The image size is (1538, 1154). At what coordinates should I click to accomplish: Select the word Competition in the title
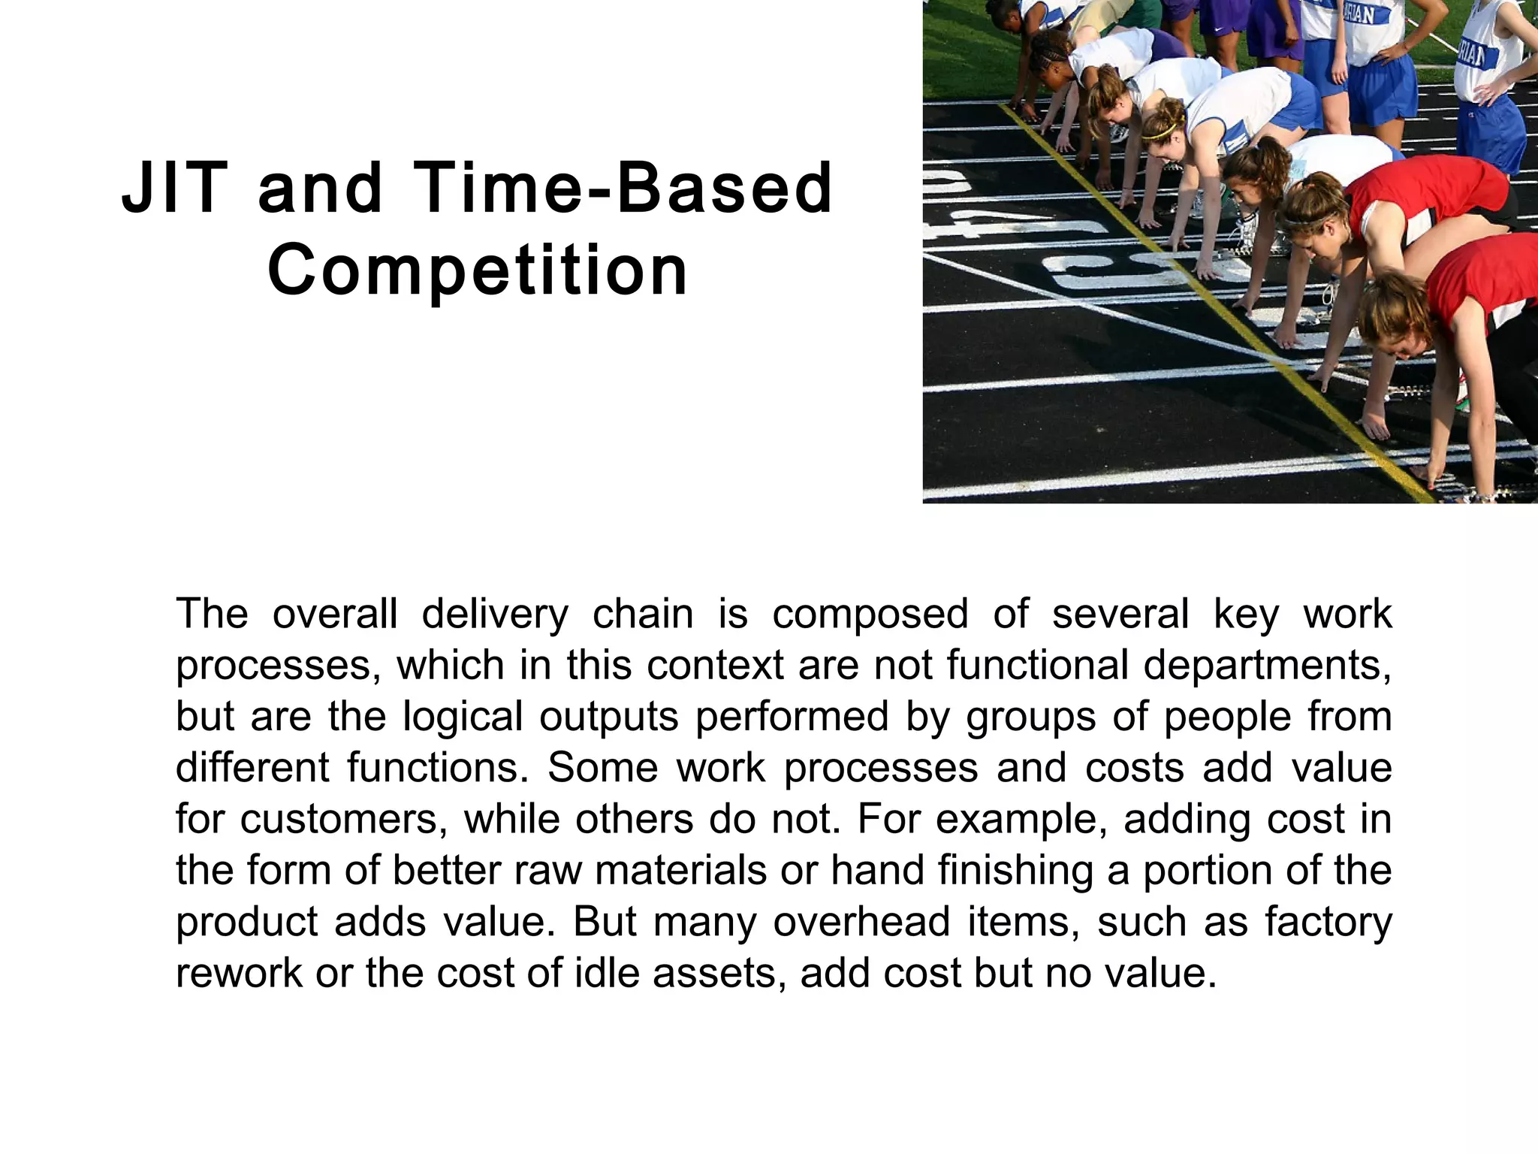[478, 270]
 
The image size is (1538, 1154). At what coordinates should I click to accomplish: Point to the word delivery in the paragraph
[495, 615]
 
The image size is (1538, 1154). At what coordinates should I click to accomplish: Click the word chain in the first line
[643, 615]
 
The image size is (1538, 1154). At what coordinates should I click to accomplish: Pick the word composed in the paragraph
[870, 615]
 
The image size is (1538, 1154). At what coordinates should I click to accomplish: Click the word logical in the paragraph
[463, 717]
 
